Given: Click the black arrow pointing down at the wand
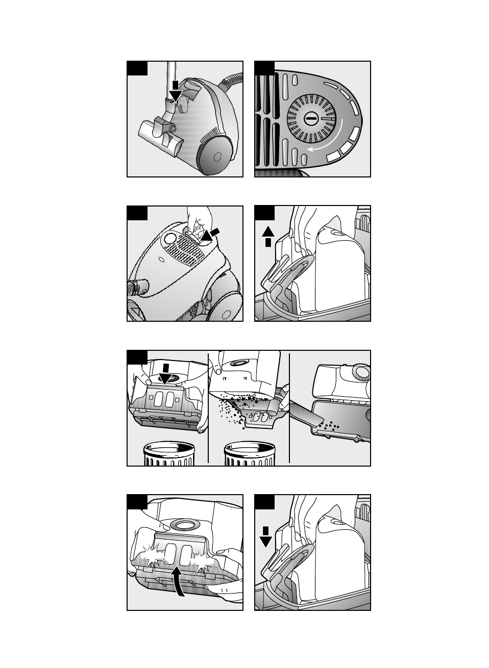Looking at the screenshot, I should click(x=175, y=91).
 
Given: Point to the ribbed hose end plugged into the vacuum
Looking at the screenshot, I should click(x=137, y=287).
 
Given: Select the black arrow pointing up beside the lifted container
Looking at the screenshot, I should click(x=268, y=236).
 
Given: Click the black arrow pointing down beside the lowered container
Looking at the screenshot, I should click(x=265, y=535).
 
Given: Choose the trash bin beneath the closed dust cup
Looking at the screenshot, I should click(x=168, y=454).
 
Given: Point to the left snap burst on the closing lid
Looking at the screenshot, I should click(x=152, y=559).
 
